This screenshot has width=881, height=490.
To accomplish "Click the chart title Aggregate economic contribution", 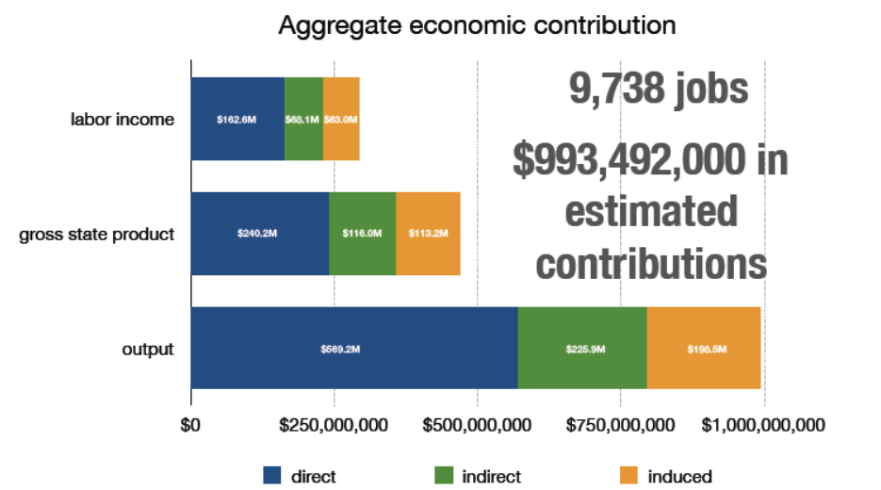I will pyautogui.click(x=477, y=25).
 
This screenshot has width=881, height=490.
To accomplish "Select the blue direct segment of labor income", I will pyautogui.click(x=237, y=120).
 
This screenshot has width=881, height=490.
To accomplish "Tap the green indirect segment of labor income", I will pyautogui.click(x=303, y=120).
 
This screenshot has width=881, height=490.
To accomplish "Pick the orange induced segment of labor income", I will pyautogui.click(x=341, y=120).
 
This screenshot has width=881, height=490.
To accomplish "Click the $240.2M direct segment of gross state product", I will pyautogui.click(x=259, y=234).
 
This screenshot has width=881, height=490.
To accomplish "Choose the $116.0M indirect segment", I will pyautogui.click(x=362, y=234).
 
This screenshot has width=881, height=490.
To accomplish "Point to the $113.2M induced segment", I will pyautogui.click(x=428, y=234).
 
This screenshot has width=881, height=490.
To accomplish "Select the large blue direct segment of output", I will pyautogui.click(x=354, y=348).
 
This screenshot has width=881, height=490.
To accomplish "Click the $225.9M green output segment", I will pyautogui.click(x=582, y=348).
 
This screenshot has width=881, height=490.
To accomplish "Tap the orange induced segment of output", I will pyautogui.click(x=704, y=348).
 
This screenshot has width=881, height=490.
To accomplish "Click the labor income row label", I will pyautogui.click(x=122, y=120).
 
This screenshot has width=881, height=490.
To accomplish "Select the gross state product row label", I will pyautogui.click(x=97, y=234).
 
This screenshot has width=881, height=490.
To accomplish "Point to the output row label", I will pyautogui.click(x=148, y=349).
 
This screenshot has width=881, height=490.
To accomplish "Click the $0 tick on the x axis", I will pyautogui.click(x=190, y=425).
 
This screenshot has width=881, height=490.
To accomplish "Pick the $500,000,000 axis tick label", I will pyautogui.click(x=478, y=425).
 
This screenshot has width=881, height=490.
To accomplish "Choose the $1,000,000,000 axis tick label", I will pyautogui.click(x=764, y=425).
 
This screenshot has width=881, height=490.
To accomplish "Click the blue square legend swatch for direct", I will pyautogui.click(x=272, y=476).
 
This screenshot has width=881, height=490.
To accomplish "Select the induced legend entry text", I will pyautogui.click(x=679, y=476).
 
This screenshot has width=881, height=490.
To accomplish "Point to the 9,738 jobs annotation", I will pyautogui.click(x=659, y=90).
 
